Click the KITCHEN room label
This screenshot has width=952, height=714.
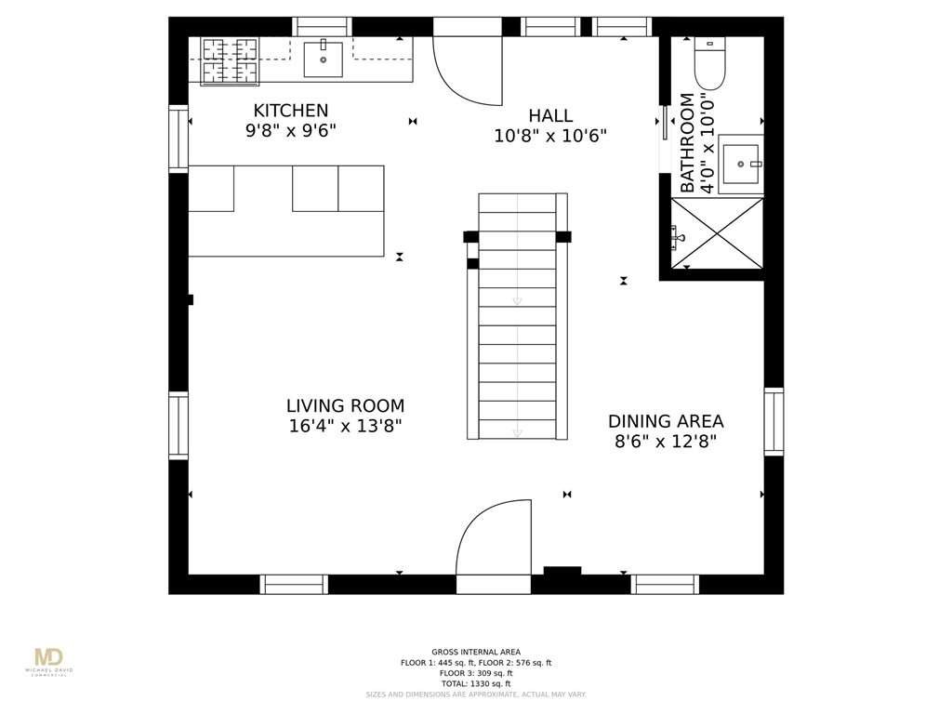tap(290, 111)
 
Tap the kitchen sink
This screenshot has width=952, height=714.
tap(323, 59)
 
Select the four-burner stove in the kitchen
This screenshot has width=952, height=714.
tap(230, 60)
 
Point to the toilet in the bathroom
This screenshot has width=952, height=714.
tap(709, 62)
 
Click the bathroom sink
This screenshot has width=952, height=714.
tap(742, 164)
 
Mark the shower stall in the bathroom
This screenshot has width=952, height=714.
tap(717, 232)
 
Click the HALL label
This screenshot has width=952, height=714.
tap(550, 115)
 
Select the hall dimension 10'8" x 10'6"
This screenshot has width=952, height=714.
tap(550, 136)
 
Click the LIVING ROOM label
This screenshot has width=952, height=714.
tap(345, 406)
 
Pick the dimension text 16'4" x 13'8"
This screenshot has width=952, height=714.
tap(345, 427)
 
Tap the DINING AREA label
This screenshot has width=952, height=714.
tap(666, 421)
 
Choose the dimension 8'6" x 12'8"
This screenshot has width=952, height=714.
tap(666, 442)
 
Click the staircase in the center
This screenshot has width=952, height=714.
tap(517, 316)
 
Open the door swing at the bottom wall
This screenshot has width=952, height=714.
tap(494, 539)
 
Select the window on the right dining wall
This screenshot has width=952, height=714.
tap(773, 421)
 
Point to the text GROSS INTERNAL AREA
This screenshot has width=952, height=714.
tap(476, 652)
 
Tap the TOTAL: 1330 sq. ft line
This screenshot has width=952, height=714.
tap(476, 683)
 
